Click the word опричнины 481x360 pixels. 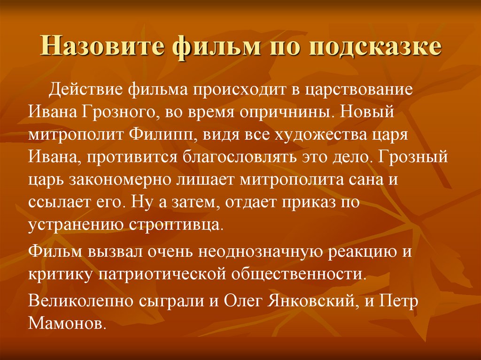click(290, 112)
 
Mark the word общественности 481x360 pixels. click(294, 274)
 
